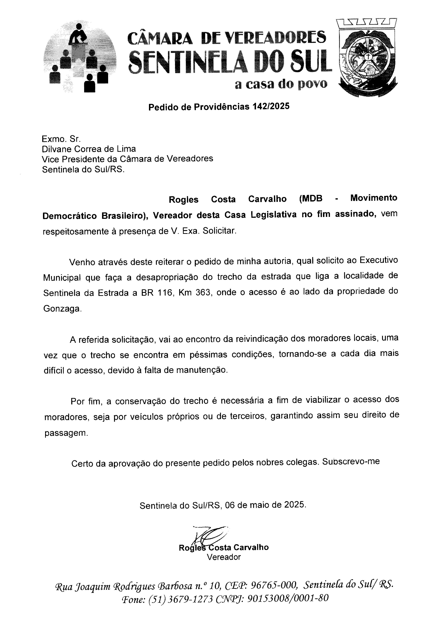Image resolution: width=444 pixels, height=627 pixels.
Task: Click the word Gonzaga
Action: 62,309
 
